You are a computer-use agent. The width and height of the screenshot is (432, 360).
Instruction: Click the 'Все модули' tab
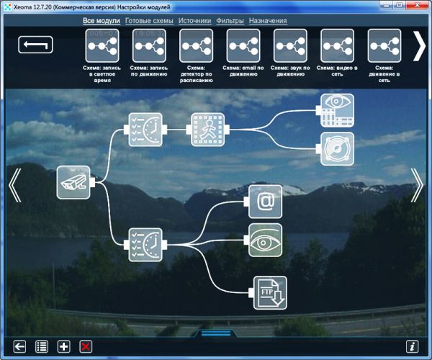[x=102, y=21]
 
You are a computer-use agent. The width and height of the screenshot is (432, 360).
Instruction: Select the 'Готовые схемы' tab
[x=149, y=21]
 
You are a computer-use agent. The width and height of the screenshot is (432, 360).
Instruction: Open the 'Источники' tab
[x=194, y=21]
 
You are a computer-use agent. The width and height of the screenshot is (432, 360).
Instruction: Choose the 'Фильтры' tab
[x=230, y=21]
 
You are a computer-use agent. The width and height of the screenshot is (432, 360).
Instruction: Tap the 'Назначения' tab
[x=268, y=21]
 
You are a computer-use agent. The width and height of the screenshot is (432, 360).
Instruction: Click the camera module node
[x=73, y=182]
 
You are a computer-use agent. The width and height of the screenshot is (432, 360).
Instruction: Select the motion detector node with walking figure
[x=208, y=130]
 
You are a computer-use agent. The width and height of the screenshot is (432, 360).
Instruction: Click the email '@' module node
[x=265, y=202]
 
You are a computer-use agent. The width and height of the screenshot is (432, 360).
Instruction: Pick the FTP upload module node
[x=270, y=293]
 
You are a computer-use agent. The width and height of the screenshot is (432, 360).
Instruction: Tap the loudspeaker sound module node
[x=337, y=149]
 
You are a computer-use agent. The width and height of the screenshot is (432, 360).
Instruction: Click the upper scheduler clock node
[x=145, y=130]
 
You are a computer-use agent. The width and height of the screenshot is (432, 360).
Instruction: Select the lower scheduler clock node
[x=145, y=245]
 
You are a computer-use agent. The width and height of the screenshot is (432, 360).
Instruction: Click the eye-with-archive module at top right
[x=337, y=110]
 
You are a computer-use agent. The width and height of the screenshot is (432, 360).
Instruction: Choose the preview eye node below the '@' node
[x=265, y=240]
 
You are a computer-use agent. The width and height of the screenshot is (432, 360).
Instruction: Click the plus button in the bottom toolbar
[x=63, y=346]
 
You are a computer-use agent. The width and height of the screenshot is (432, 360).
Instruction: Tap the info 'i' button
[x=413, y=346]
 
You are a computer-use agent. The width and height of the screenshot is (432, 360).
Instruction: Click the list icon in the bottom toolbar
[x=42, y=346]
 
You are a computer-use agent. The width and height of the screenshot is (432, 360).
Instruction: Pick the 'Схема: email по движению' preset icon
[x=243, y=46]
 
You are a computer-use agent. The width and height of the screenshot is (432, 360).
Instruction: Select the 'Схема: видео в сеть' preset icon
[x=337, y=46]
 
